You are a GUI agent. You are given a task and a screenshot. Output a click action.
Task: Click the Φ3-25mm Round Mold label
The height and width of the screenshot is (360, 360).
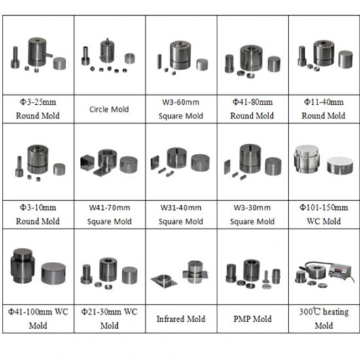38,109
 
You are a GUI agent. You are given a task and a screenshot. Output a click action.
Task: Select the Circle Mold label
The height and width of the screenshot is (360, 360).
109,109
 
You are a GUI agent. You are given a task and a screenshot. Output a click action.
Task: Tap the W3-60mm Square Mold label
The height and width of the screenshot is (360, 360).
181,109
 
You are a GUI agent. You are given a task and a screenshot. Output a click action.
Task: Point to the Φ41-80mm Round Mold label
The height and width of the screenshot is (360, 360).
252,109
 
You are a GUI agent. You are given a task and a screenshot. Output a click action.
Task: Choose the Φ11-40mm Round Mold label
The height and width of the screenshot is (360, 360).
324,109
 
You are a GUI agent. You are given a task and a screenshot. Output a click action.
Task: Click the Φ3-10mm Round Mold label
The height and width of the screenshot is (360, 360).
38,215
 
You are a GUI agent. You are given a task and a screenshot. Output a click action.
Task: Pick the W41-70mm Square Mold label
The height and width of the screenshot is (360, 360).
109,215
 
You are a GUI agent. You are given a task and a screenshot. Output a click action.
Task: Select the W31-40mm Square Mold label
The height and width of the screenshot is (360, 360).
181,215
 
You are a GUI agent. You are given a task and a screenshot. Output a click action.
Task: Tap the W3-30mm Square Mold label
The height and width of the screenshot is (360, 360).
252,215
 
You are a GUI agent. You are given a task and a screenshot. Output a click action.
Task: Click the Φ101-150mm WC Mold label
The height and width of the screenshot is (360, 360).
324,215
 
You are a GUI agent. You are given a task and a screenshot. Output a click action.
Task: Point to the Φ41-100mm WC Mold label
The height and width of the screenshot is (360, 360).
38,319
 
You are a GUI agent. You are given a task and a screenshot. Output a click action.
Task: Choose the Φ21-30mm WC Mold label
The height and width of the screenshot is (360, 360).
109,319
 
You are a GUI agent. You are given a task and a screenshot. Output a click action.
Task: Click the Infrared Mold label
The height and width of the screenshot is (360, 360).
181,319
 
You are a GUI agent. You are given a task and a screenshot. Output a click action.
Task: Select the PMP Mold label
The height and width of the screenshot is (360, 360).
253,319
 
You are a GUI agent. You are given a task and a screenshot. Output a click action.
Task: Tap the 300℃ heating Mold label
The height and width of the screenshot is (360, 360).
324,319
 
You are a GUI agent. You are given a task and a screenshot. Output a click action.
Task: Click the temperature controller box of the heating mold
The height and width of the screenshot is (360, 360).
340,272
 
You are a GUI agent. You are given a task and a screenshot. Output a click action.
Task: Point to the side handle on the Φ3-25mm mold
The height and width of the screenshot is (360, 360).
48,55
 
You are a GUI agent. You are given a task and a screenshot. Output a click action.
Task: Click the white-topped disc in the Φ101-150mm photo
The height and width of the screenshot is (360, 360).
340,166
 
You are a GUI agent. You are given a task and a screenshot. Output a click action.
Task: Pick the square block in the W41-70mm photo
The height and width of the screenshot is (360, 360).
87,162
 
